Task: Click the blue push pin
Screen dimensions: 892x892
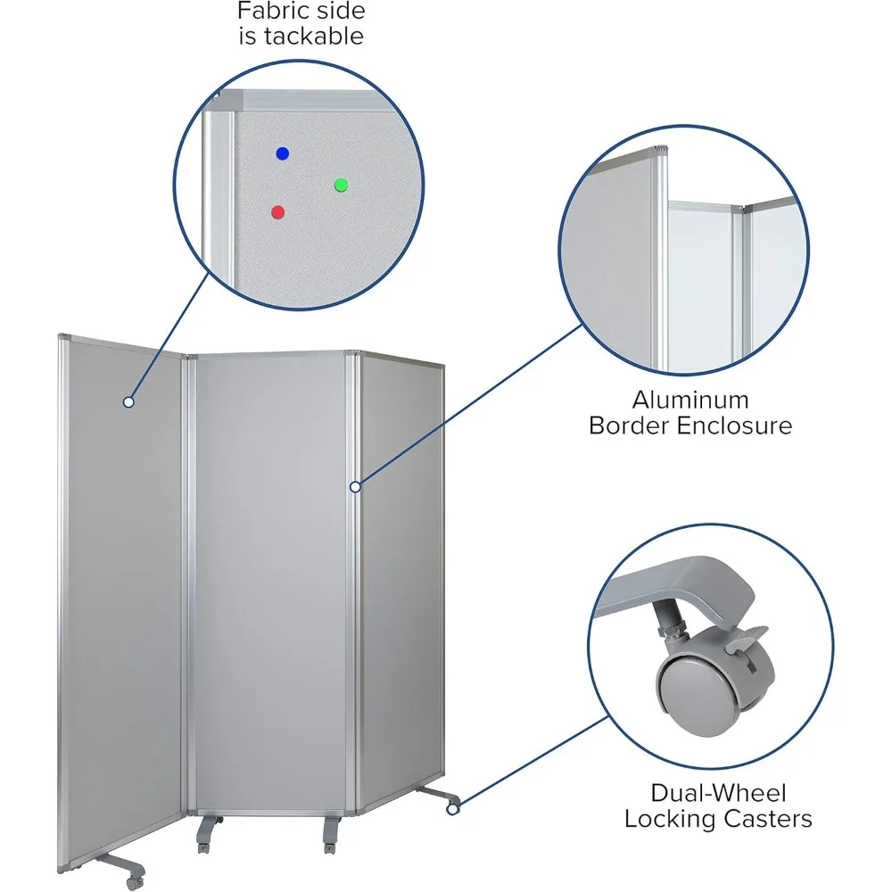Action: (x=283, y=153)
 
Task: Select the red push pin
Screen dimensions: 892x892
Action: (x=277, y=212)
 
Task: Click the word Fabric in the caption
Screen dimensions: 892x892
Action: (x=269, y=12)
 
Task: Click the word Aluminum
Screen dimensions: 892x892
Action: (x=690, y=400)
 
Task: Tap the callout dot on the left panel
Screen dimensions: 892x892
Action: (x=128, y=402)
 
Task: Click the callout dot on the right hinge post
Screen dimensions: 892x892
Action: (x=355, y=486)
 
